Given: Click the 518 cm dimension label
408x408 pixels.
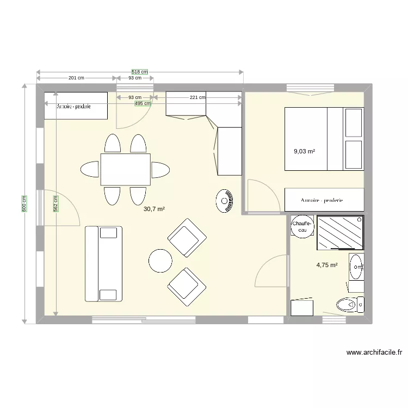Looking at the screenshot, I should coord(140,72).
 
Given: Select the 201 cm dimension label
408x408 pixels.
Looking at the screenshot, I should coord(76,78).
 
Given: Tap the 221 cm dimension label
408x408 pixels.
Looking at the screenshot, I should coord(197,98).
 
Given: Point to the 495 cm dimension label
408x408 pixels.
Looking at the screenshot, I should coord(143,103).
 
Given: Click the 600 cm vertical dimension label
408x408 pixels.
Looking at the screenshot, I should coord(24,204).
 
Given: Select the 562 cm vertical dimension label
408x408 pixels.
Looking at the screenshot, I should coord(56,204).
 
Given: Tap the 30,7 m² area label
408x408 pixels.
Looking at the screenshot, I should coord(154,209).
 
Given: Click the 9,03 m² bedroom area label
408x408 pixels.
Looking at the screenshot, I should coord(304,152).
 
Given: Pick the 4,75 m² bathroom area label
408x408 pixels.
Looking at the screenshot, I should coord(327,265).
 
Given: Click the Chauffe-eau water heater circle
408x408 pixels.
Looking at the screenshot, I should coord(301,226).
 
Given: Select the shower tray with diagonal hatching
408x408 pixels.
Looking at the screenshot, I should coord(340,232).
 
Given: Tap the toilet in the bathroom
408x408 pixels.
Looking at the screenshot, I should coord(349,305).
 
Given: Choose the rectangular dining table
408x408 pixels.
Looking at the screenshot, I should coord(125,169).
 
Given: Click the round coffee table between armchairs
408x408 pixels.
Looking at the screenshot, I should coord(161,260).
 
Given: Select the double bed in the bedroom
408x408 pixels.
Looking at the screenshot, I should coord(324,139).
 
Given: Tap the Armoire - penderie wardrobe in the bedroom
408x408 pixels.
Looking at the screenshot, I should coord(324,200).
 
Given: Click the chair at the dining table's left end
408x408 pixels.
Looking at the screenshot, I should coord(90,169).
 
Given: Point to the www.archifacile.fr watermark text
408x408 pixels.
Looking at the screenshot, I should coord(374,352).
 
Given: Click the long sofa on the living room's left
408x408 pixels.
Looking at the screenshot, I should coord(103,264).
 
